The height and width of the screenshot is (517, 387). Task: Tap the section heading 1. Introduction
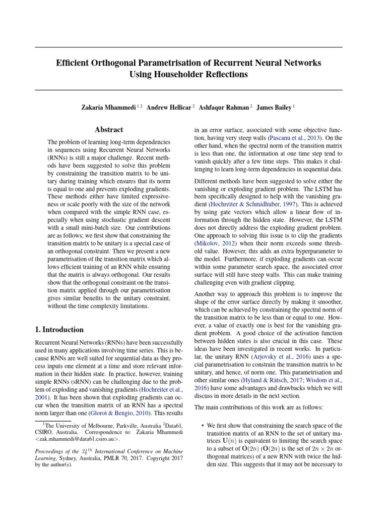[x=59, y=330]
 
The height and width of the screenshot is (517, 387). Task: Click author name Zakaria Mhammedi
[x=109, y=108]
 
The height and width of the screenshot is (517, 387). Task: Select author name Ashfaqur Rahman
[x=224, y=108]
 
